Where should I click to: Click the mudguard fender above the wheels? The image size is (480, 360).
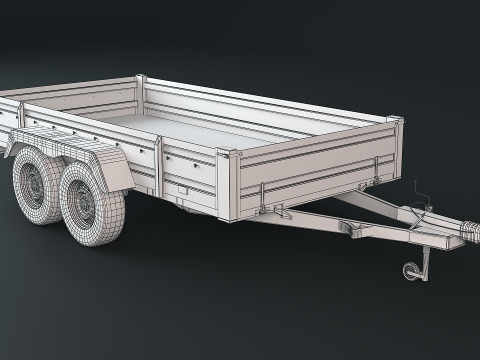tap(100, 164)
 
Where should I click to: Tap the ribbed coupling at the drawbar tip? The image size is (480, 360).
tap(462, 232)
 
